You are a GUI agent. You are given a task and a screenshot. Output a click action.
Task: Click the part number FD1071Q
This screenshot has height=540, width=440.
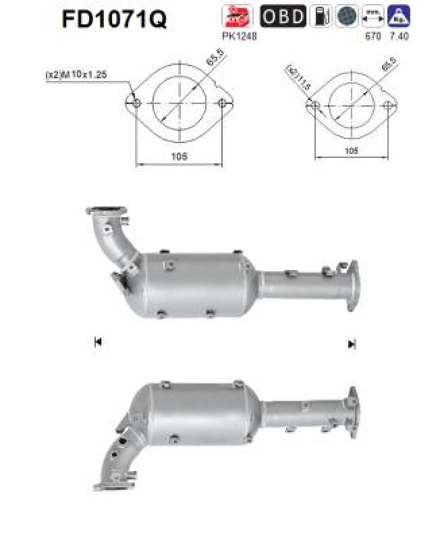click(x=114, y=20)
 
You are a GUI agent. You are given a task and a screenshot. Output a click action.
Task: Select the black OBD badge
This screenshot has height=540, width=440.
click(x=282, y=17)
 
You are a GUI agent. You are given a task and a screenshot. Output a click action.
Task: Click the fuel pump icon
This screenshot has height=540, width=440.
click(x=320, y=17)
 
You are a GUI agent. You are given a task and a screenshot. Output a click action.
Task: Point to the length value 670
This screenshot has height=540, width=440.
click(x=370, y=35)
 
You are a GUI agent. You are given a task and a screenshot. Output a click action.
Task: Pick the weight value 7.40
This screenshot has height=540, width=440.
click(x=400, y=35)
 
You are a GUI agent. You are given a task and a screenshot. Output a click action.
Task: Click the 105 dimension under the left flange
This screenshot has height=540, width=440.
click(x=179, y=156)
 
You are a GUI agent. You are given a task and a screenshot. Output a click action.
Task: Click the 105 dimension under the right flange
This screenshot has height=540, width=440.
click(x=351, y=152)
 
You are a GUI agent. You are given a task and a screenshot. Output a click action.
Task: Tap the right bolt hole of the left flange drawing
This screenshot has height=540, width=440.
click(x=223, y=104)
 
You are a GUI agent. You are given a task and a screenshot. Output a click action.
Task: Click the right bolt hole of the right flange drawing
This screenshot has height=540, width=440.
click(x=387, y=106)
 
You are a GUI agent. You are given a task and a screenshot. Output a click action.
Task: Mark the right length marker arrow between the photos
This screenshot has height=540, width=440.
click(x=351, y=344)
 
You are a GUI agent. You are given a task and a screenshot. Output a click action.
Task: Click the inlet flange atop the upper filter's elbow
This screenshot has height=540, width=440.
click(x=108, y=214)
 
